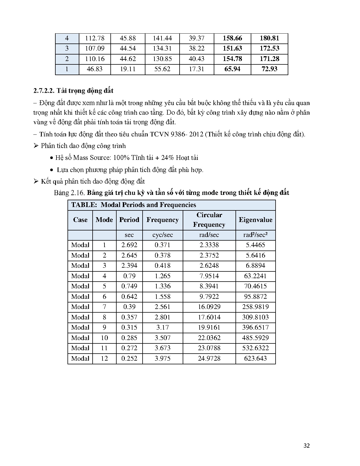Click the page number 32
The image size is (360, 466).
(x=307, y=446)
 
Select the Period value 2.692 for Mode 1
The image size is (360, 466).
(x=129, y=245)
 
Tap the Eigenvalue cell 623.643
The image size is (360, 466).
(x=255, y=358)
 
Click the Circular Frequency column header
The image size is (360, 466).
(x=209, y=220)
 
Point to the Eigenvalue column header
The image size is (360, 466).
(x=255, y=220)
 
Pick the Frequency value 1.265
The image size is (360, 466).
(x=162, y=276)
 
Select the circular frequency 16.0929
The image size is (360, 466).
(x=209, y=307)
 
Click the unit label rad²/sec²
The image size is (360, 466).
(x=255, y=235)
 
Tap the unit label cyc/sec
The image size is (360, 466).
(x=162, y=235)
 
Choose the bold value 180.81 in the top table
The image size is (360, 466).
(x=269, y=38)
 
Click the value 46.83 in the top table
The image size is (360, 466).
(x=95, y=69)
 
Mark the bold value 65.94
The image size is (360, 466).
(x=232, y=69)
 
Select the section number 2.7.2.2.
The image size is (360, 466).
(x=44, y=91)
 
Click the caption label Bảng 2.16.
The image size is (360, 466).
(x=69, y=193)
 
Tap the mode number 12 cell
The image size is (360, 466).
(x=104, y=358)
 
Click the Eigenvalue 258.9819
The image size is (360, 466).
(x=255, y=307)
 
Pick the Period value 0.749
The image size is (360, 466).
(x=129, y=286)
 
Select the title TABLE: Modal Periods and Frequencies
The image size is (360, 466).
(x=134, y=205)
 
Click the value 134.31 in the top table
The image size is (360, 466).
(x=162, y=48)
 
